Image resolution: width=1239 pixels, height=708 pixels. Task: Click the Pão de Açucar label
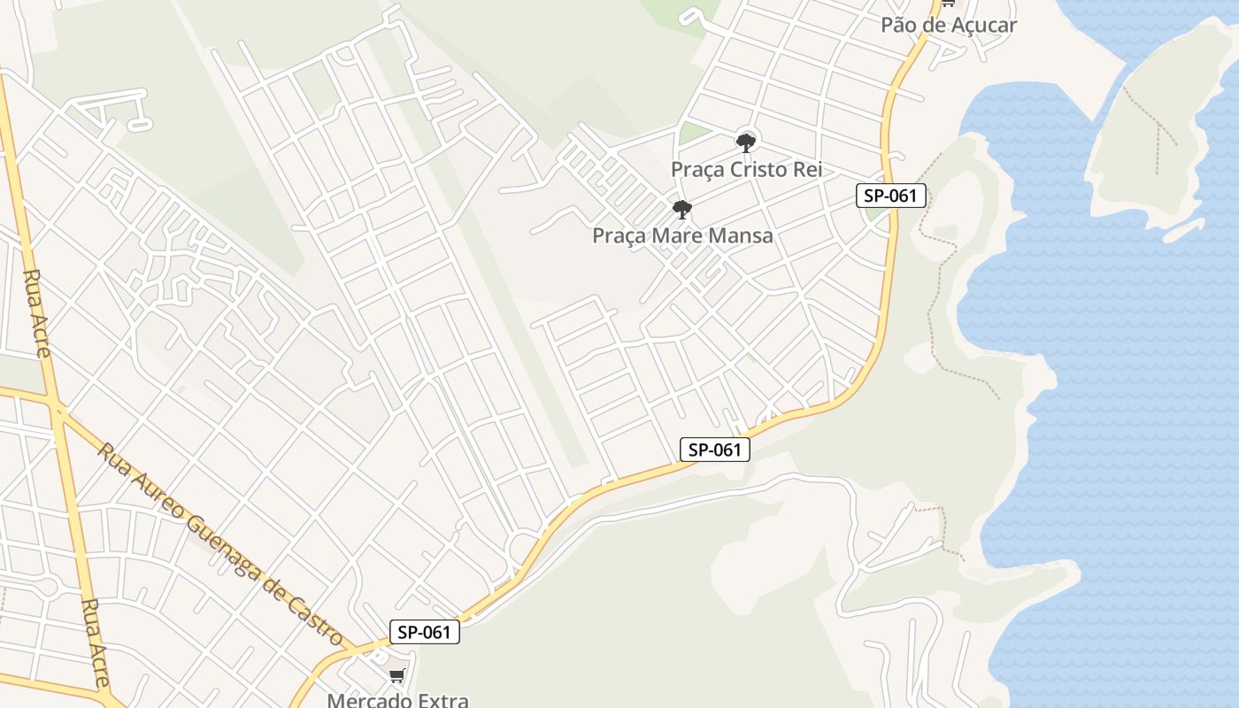click(949, 25)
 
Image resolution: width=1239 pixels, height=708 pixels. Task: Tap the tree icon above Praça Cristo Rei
click(746, 142)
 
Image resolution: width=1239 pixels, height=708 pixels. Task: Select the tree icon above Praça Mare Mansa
click(681, 210)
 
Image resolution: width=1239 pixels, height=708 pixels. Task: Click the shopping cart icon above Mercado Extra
click(396, 677)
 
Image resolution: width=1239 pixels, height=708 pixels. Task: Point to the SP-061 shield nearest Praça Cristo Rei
click(891, 196)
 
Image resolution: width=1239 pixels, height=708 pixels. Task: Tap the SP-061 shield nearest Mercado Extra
click(425, 632)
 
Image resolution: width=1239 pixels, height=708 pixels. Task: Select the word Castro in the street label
click(317, 617)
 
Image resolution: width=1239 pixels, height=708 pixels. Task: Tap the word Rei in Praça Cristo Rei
click(807, 169)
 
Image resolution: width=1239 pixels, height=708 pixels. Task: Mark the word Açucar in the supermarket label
click(981, 25)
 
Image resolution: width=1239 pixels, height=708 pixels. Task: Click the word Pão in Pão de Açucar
click(898, 25)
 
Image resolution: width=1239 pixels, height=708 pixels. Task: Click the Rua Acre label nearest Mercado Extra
click(95, 642)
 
